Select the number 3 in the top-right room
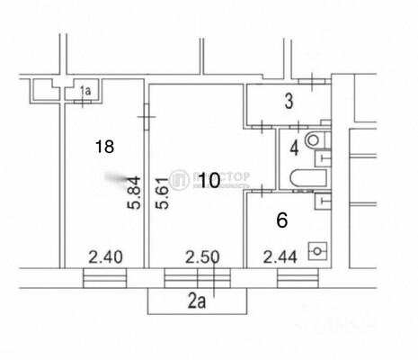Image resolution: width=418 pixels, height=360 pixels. [x=288, y=103]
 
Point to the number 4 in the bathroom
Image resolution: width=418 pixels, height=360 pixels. [x=294, y=146]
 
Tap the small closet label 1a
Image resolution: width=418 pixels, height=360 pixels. [x=86, y=89]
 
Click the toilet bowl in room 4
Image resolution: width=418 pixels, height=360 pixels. [x=313, y=141]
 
